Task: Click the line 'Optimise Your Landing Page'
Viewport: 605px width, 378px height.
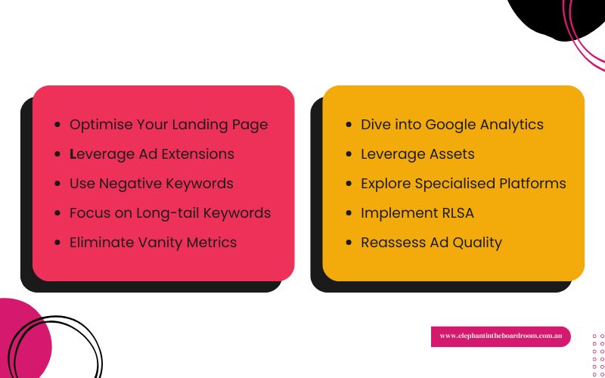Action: coord(169,124)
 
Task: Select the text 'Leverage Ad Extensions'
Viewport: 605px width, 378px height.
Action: coord(152,153)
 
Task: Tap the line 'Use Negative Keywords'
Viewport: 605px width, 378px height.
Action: coord(151,183)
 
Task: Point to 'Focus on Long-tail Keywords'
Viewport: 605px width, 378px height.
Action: coord(170,213)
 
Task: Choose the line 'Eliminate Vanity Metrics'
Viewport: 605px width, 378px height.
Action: coord(153,243)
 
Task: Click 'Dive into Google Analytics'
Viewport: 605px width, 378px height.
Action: coord(452,124)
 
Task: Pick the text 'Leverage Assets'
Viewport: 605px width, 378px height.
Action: coord(417,153)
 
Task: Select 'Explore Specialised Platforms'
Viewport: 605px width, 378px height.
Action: coord(463,183)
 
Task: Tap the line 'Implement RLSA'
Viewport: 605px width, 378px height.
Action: coord(417,213)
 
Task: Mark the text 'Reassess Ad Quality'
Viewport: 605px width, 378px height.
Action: coord(431,243)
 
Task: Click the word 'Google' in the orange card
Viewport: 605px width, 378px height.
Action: coord(450,124)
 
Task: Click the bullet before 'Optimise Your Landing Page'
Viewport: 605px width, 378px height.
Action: coord(57,125)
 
